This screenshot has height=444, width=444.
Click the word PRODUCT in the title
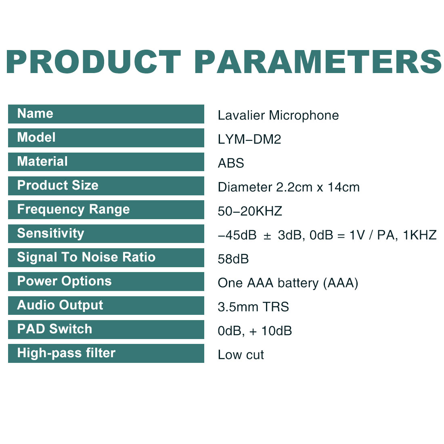(94, 62)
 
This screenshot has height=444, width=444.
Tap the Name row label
(35, 113)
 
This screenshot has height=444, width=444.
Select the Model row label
(36, 137)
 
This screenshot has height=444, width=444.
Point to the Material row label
(42, 161)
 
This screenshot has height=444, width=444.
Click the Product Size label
(58, 185)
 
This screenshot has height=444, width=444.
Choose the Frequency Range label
(73, 209)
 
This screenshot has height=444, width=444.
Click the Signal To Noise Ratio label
(86, 258)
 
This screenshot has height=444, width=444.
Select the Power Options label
(64, 281)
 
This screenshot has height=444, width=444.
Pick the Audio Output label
(60, 305)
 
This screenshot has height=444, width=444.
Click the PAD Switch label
(54, 329)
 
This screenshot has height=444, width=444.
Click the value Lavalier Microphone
(279, 115)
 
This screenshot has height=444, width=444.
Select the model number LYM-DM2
(249, 139)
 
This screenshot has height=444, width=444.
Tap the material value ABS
(231, 163)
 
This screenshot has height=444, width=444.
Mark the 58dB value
(233, 259)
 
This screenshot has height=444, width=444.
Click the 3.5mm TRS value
(253, 307)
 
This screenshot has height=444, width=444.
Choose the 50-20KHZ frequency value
(250, 211)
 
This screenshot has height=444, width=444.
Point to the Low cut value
(241, 355)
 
